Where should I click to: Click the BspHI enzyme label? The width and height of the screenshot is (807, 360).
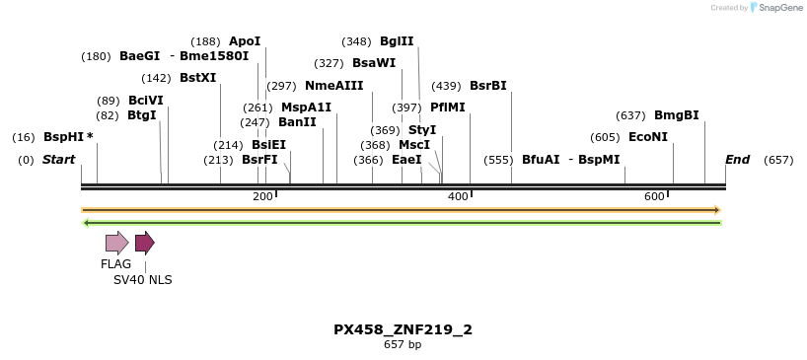(x=64, y=137)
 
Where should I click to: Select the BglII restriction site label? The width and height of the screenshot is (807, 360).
(x=397, y=41)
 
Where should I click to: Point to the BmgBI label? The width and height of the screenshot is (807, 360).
(x=676, y=115)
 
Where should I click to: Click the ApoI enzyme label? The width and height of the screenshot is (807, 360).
(x=245, y=41)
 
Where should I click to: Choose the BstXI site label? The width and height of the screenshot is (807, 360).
(x=198, y=78)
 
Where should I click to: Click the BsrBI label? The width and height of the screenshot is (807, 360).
(x=487, y=86)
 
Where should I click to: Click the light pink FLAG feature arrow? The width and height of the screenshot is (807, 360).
(x=116, y=243)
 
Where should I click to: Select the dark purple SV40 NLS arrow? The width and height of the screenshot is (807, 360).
(x=145, y=243)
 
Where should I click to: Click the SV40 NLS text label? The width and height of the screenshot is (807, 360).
(x=142, y=280)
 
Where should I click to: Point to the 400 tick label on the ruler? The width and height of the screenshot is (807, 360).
(x=458, y=197)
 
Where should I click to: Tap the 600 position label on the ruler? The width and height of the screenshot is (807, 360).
(x=654, y=197)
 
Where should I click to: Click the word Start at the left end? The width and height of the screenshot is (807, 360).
(x=58, y=160)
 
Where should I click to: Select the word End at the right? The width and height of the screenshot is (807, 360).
(x=737, y=160)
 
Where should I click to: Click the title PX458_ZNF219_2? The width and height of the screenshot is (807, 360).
(x=403, y=329)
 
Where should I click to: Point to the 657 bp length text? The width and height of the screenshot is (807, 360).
(x=403, y=344)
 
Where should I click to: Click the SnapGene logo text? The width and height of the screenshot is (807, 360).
(x=779, y=8)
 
